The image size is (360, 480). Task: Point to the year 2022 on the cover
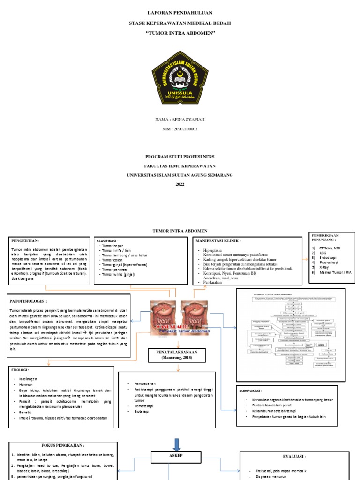pos(180,184)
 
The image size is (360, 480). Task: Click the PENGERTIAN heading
pos(26,240)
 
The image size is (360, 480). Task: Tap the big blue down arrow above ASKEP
pos(176,443)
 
